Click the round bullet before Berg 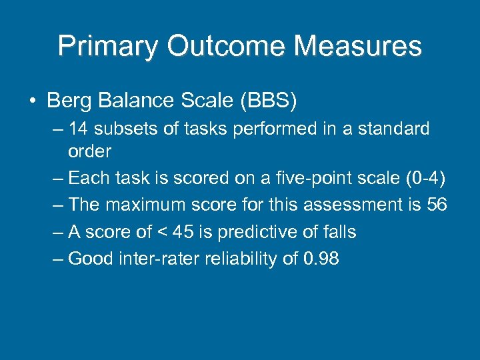pyautogui.click(x=32, y=102)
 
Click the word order pyautogui.click(x=89, y=151)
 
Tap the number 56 pyautogui.click(x=436, y=205)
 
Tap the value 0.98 pyautogui.click(x=321, y=259)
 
